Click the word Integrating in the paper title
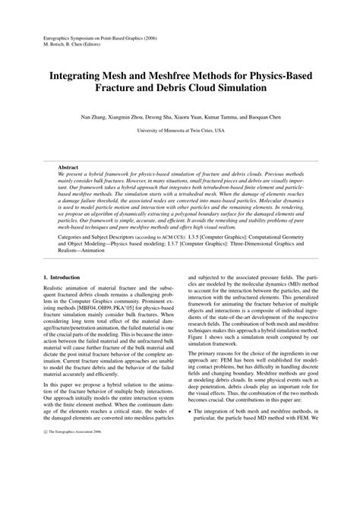click(x=81, y=77)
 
